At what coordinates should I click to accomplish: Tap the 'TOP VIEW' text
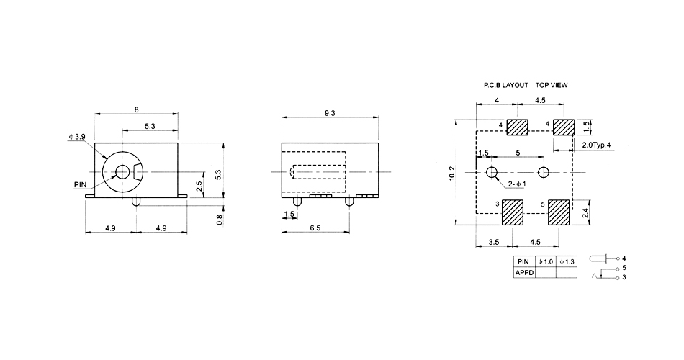click(x=552, y=85)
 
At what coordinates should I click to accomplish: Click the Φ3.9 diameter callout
click(x=76, y=136)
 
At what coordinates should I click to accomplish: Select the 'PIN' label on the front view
click(x=80, y=184)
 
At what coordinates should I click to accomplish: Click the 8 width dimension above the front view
click(x=136, y=108)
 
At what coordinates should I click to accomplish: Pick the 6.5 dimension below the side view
click(x=316, y=228)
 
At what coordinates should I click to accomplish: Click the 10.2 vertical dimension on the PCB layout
click(x=451, y=173)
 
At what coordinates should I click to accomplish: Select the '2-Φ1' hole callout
click(x=516, y=185)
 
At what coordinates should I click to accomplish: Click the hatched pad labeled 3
click(x=513, y=213)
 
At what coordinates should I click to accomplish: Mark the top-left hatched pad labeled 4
click(x=517, y=127)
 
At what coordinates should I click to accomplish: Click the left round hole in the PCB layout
click(x=492, y=173)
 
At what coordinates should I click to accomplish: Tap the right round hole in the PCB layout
click(x=543, y=173)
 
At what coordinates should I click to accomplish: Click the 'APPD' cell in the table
click(x=523, y=272)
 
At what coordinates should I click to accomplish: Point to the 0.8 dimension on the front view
click(x=220, y=218)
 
